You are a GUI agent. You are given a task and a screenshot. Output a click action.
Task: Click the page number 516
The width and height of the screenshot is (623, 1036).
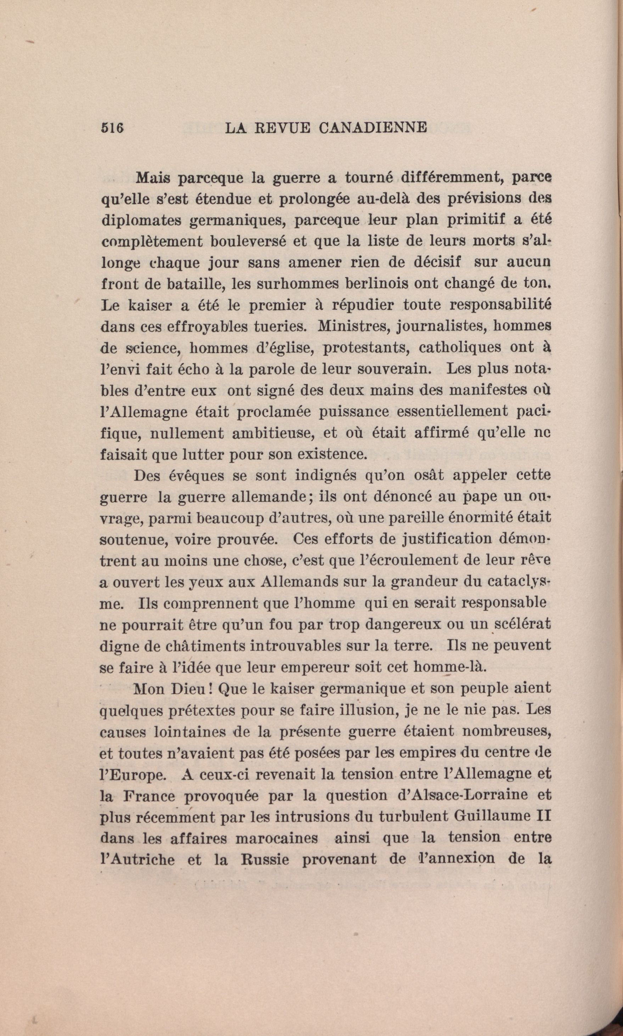(112, 127)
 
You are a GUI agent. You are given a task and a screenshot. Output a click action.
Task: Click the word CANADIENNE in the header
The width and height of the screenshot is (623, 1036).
(372, 127)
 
